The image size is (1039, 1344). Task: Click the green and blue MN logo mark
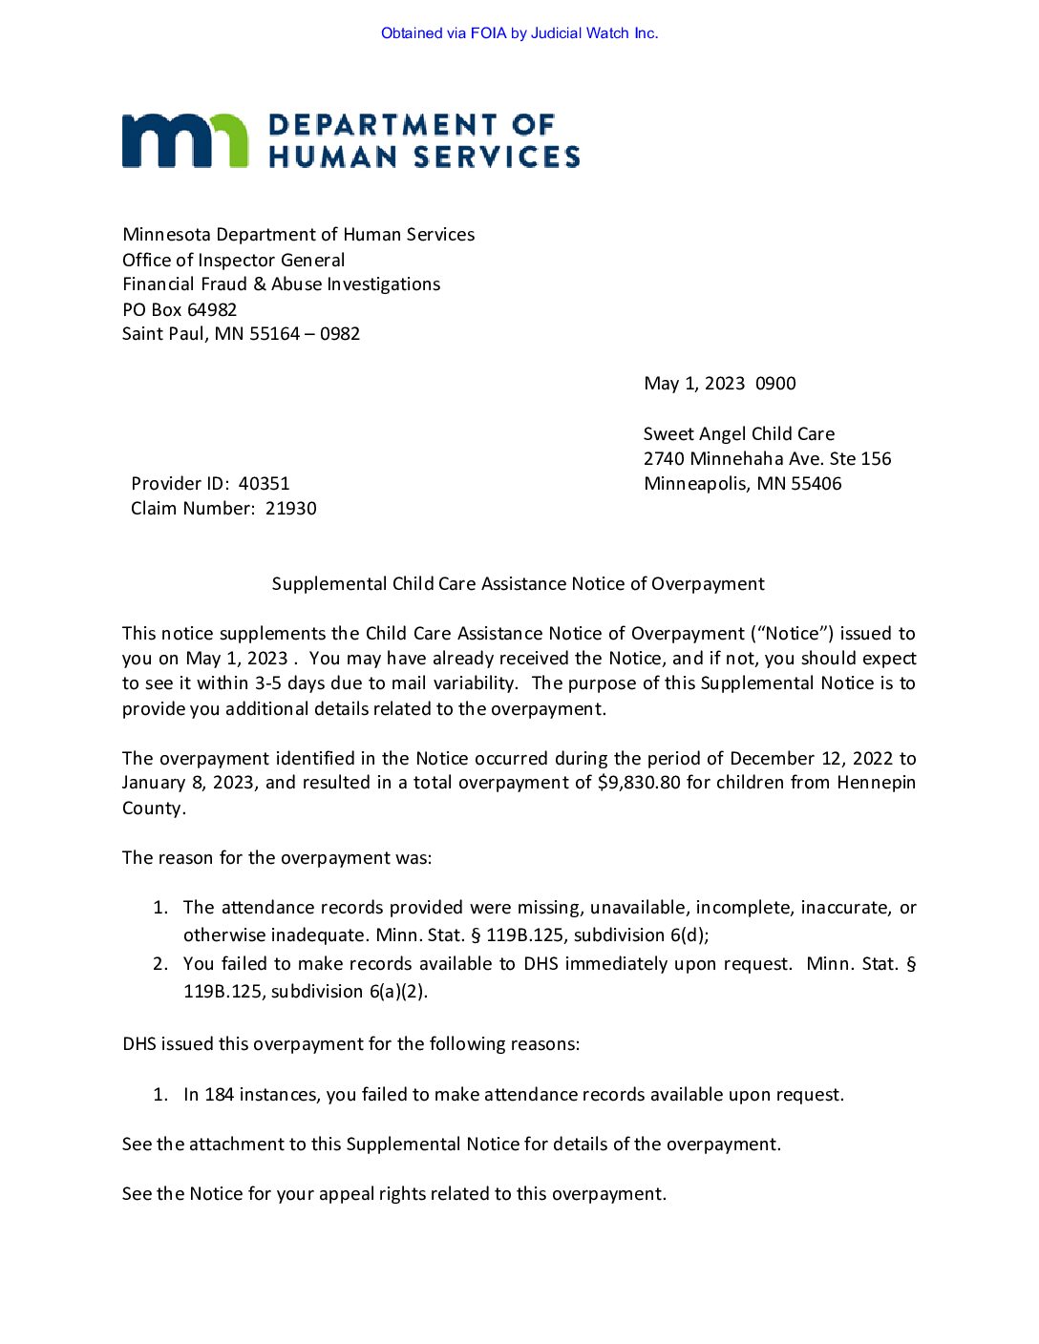(185, 140)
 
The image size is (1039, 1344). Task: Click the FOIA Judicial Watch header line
(519, 33)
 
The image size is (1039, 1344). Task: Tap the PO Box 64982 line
(180, 309)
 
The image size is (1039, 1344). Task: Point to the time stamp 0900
(775, 384)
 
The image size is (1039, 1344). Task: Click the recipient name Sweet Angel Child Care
(739, 434)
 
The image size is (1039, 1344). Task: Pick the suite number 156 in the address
(876, 459)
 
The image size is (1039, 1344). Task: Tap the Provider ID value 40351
(264, 484)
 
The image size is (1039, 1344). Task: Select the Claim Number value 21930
(291, 509)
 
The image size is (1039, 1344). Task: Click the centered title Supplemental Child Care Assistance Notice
(519, 584)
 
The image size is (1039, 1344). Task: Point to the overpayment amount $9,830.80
(639, 783)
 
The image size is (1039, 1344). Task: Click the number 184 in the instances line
(219, 1095)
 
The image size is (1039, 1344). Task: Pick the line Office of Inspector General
(234, 261)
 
